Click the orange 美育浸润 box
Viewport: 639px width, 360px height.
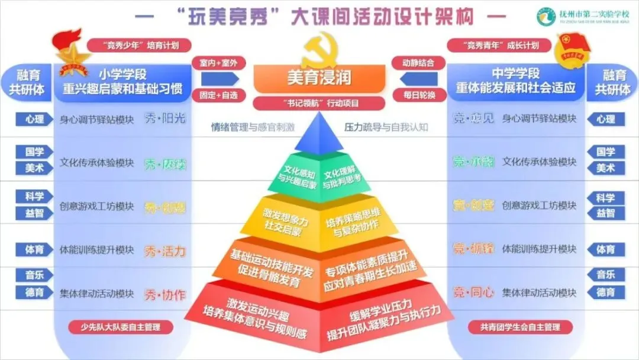pos(319,78)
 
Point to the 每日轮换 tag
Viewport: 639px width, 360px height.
pos(419,95)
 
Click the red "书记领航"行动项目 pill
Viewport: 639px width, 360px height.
pos(319,102)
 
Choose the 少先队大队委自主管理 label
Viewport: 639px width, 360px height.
pos(122,327)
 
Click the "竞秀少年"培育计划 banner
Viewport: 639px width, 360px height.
pos(133,45)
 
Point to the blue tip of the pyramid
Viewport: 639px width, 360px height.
pos(319,133)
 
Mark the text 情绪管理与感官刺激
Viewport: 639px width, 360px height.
pos(253,127)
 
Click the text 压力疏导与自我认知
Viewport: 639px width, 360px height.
pos(386,127)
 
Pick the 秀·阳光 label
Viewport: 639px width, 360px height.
pos(165,118)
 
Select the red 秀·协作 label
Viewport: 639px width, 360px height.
pos(165,294)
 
